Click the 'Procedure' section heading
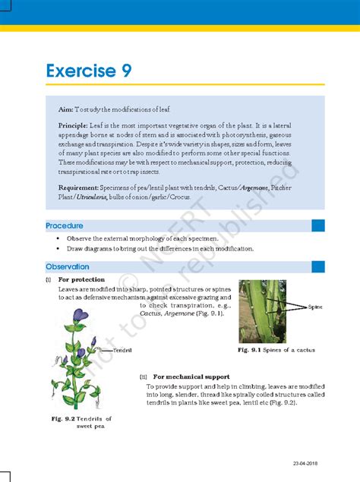coord(65,225)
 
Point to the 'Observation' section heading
coord(68,266)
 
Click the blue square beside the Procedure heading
coord(318,225)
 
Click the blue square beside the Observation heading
coord(318,266)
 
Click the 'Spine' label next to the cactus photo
coord(316,307)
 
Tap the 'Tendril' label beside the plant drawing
coord(122,351)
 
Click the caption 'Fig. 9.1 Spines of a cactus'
coord(276,350)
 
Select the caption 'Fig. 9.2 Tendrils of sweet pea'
coord(81,422)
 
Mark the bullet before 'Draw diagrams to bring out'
coord(58,248)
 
